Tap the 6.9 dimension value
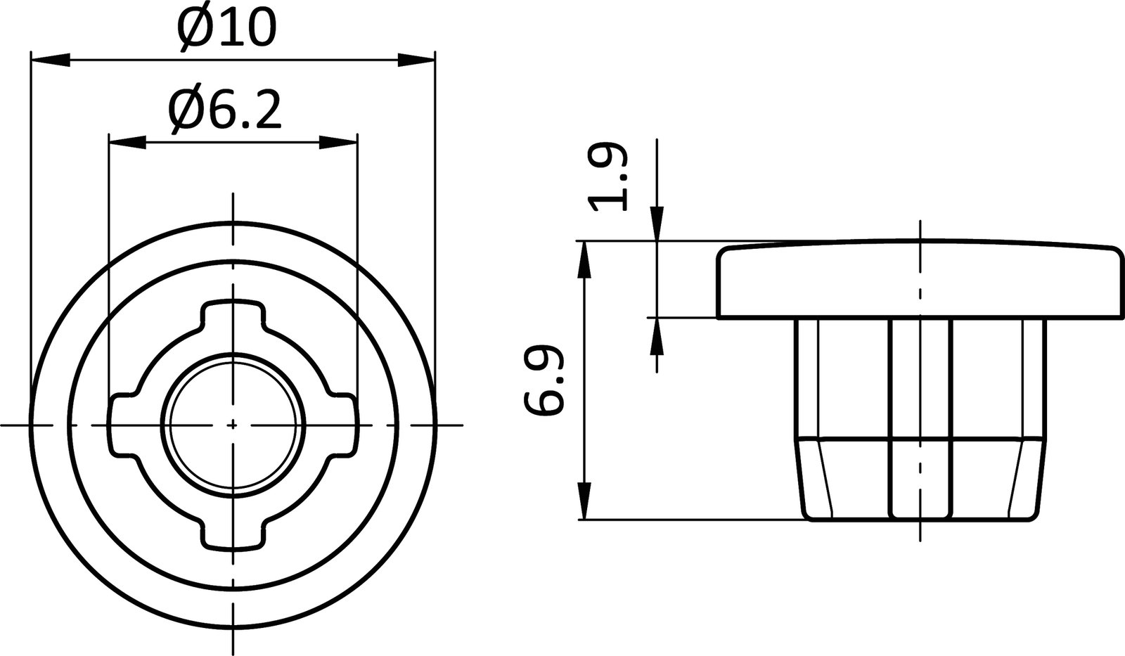(x=544, y=380)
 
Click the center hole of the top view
(x=233, y=424)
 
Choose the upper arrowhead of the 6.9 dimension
(x=584, y=260)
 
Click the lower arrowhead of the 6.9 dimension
(x=584, y=501)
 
